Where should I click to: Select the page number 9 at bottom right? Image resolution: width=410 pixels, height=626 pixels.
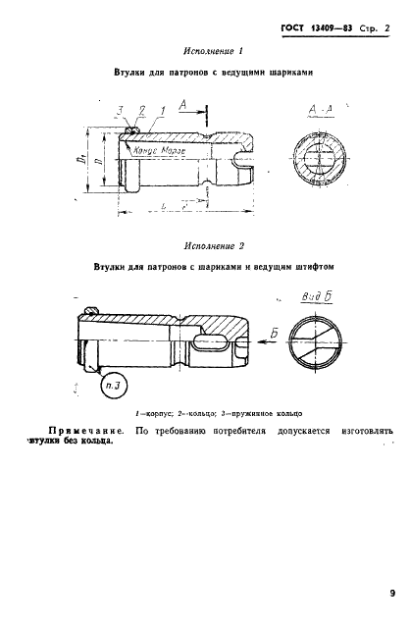click(390, 592)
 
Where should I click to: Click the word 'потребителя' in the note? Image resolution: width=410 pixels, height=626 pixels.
click(248, 430)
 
